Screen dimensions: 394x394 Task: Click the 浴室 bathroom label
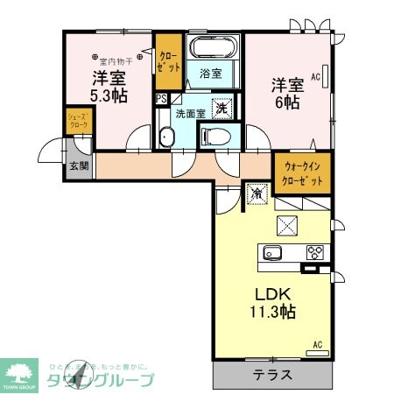click(x=210, y=73)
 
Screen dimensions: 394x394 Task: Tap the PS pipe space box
click(x=161, y=99)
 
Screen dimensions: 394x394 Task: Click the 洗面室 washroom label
click(x=189, y=113)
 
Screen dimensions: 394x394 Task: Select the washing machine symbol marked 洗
click(x=222, y=109)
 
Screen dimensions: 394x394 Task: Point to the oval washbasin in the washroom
click(x=168, y=136)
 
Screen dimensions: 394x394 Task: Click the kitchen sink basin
click(x=271, y=253)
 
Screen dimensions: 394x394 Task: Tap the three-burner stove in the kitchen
click(x=315, y=253)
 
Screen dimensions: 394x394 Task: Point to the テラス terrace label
click(x=272, y=375)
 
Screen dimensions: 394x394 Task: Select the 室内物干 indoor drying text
click(x=116, y=60)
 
